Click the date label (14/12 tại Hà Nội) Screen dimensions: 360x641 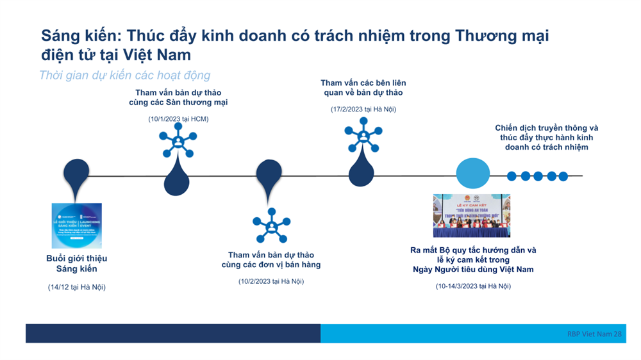tap(76, 287)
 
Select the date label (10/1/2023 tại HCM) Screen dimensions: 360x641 tap(178, 119)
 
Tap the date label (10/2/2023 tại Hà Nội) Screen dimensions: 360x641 tap(271, 281)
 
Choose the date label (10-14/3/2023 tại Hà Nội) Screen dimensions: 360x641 tap(473, 286)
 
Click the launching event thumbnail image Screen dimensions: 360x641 tap(76, 225)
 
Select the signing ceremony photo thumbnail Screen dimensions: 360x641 tap(471, 216)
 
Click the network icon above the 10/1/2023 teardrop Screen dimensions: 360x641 tap(176, 140)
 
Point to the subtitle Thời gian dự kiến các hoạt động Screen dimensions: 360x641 tap(124, 76)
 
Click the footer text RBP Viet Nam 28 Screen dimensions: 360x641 tap(594, 334)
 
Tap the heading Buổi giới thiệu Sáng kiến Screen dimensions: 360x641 tap(76, 263)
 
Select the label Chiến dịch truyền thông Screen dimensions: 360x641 tap(546, 127)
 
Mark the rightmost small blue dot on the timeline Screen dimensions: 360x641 tap(562, 176)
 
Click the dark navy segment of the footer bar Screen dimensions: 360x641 tap(172, 333)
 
